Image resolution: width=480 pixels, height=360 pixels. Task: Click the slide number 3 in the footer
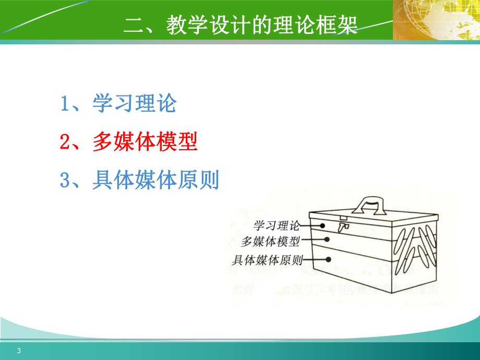tap(19, 351)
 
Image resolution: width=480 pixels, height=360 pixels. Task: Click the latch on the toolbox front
tap(343, 225)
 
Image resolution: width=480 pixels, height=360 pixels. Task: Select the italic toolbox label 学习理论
tap(277, 226)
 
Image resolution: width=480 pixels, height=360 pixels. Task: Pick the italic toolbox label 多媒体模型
tap(271, 242)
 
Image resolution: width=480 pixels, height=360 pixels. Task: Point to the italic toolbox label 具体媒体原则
tap(267, 259)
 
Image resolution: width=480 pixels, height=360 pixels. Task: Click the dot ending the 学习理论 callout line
tap(323, 226)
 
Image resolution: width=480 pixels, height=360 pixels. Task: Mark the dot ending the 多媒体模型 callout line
tap(328, 239)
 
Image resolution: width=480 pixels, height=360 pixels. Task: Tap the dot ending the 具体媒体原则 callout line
tap(330, 258)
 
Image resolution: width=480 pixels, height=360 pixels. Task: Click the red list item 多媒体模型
tap(145, 142)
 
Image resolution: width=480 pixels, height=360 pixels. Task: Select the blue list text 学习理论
tap(135, 103)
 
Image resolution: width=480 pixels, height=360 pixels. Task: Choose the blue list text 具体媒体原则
tap(155, 181)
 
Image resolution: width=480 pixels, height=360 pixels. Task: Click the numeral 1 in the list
tap(65, 104)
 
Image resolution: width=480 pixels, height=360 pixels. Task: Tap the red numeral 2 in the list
tap(65, 142)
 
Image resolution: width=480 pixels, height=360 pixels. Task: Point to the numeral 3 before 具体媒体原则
tap(65, 181)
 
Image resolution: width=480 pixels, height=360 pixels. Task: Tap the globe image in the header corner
tap(436, 20)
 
